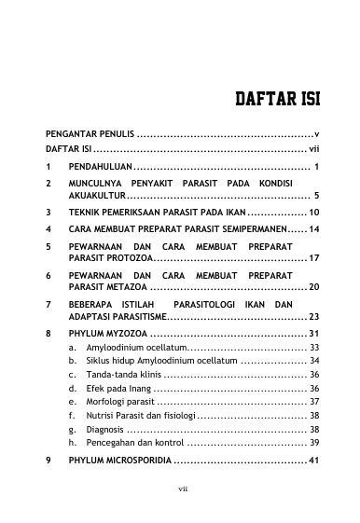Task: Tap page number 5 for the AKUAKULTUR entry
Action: click(318, 196)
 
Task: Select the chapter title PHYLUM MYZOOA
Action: click(107, 334)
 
